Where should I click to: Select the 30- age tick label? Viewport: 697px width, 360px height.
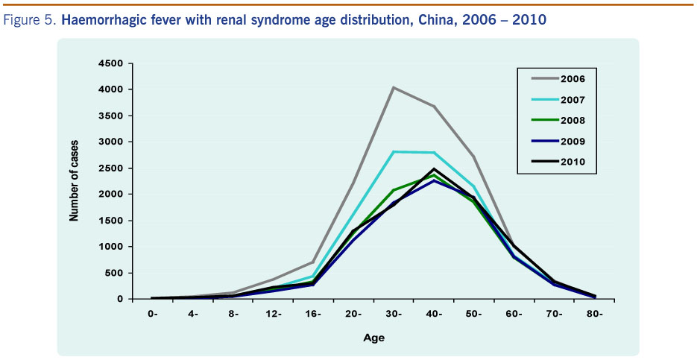(x=394, y=313)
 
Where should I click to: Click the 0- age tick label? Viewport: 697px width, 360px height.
(x=153, y=313)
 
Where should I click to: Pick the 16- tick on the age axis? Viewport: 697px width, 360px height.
(x=314, y=313)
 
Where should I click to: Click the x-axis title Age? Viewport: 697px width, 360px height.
(x=373, y=338)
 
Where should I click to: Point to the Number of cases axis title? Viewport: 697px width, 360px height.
(x=75, y=181)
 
